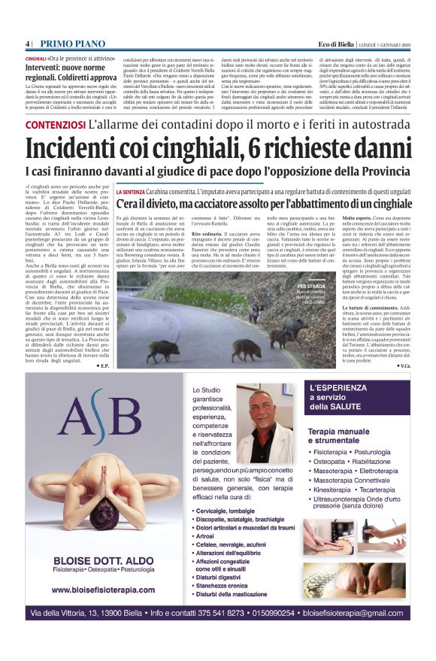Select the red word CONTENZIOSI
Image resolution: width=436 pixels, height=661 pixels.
pos(55,126)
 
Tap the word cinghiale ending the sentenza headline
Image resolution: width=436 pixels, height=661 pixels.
pos(390,204)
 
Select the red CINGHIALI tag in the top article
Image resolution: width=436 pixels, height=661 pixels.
pos(35,58)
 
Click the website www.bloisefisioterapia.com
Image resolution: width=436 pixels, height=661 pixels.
pos(98,591)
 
